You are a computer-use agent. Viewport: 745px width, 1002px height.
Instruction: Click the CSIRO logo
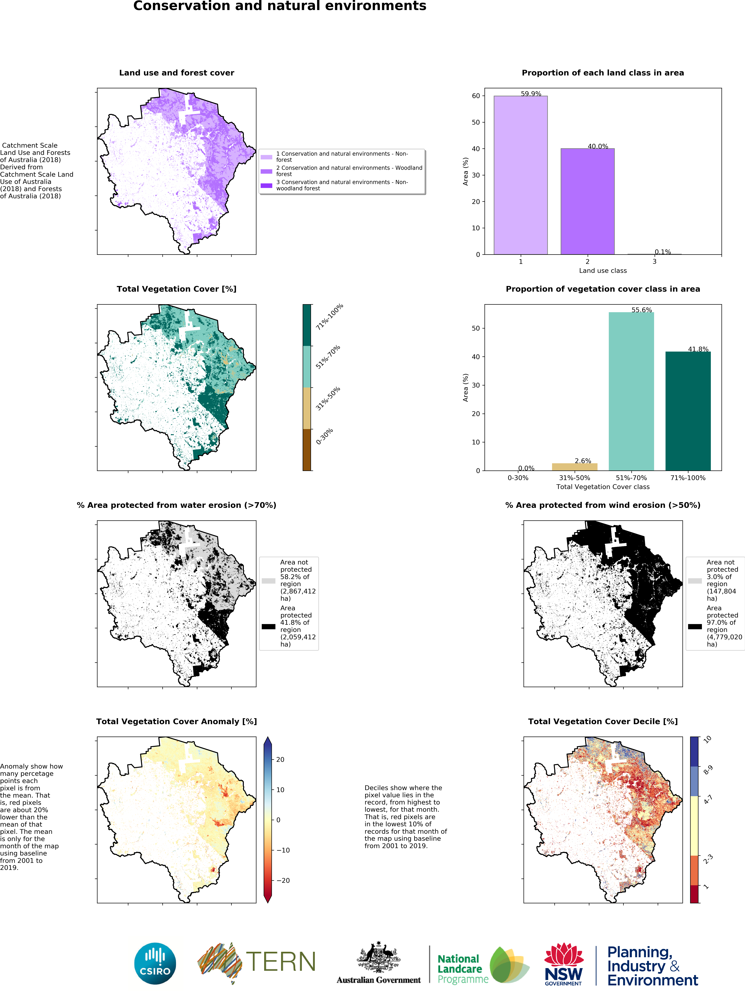click(x=155, y=963)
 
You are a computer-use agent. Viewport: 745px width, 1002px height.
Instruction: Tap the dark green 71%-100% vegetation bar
click(x=688, y=411)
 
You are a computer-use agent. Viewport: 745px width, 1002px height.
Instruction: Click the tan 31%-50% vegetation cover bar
click(x=574, y=467)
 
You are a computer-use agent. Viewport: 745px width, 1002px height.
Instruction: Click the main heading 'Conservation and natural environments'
click(x=280, y=6)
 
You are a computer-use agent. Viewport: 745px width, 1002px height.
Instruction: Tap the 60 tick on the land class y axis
click(x=476, y=96)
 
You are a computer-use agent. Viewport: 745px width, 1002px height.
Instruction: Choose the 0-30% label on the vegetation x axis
click(x=518, y=478)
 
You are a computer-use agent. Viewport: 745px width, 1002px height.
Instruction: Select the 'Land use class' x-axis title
click(x=603, y=270)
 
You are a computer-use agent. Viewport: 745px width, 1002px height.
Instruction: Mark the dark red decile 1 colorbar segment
click(x=694, y=894)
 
